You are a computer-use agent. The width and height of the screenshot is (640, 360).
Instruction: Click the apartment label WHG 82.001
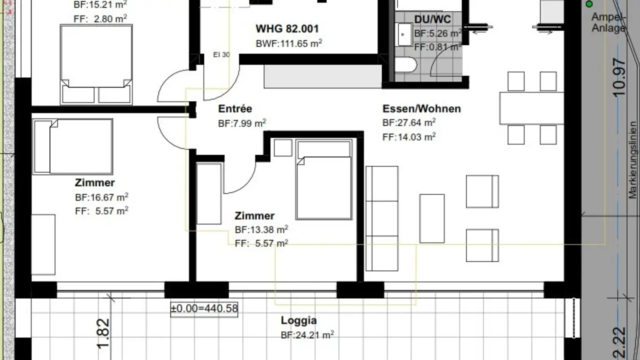[287, 29]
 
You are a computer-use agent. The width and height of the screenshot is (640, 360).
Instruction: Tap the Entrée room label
[235, 109]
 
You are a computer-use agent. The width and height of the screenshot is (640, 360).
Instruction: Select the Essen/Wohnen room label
[422, 109]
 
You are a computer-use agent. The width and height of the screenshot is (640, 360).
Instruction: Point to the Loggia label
[299, 320]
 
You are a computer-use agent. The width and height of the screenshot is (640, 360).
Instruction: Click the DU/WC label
[432, 20]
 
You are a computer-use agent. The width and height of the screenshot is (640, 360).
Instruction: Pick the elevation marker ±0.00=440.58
[204, 308]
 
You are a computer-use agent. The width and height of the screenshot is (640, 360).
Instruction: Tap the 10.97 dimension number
[619, 77]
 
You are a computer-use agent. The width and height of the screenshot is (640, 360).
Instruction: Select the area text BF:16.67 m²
[102, 197]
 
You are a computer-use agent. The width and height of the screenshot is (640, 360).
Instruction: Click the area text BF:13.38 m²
[261, 229]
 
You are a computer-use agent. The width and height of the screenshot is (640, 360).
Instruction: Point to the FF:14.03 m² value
[409, 137]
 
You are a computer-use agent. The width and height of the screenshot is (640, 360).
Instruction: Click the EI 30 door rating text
[221, 55]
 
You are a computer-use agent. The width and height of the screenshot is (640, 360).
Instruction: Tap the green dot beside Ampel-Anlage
[589, 4]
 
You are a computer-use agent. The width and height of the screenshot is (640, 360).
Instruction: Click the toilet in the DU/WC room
[406, 65]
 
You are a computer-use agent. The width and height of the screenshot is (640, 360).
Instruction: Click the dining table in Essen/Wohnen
[532, 108]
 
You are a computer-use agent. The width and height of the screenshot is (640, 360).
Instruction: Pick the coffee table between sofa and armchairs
[432, 219]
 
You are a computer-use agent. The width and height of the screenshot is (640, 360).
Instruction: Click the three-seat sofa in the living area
[382, 219]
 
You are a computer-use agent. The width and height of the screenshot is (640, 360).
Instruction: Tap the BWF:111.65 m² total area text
[289, 44]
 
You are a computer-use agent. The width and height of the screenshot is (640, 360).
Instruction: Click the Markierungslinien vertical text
[633, 160]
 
